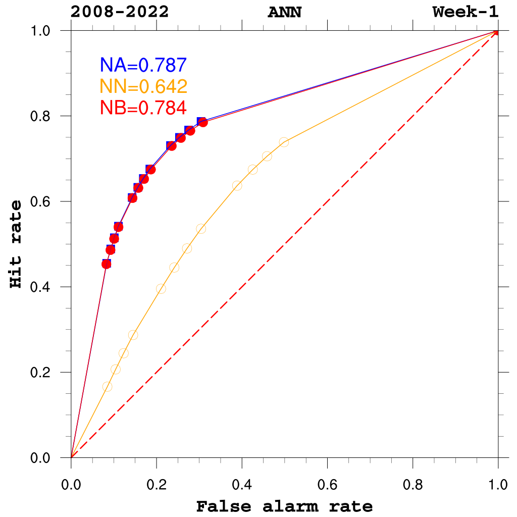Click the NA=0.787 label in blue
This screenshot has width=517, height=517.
[x=144, y=65]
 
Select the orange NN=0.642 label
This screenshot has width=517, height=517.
[x=144, y=86]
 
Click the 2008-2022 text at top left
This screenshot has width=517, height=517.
[x=120, y=12]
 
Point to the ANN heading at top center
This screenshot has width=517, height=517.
[x=284, y=12]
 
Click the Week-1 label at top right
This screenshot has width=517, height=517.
[x=466, y=12]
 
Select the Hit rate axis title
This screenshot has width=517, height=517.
[x=17, y=244]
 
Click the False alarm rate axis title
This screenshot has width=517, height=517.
[x=284, y=506]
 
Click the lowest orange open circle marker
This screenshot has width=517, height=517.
[x=107, y=387]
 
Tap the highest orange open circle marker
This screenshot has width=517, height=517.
[x=284, y=142]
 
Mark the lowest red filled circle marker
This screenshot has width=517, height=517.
[x=106, y=264]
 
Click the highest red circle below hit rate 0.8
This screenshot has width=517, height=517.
[x=203, y=122]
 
